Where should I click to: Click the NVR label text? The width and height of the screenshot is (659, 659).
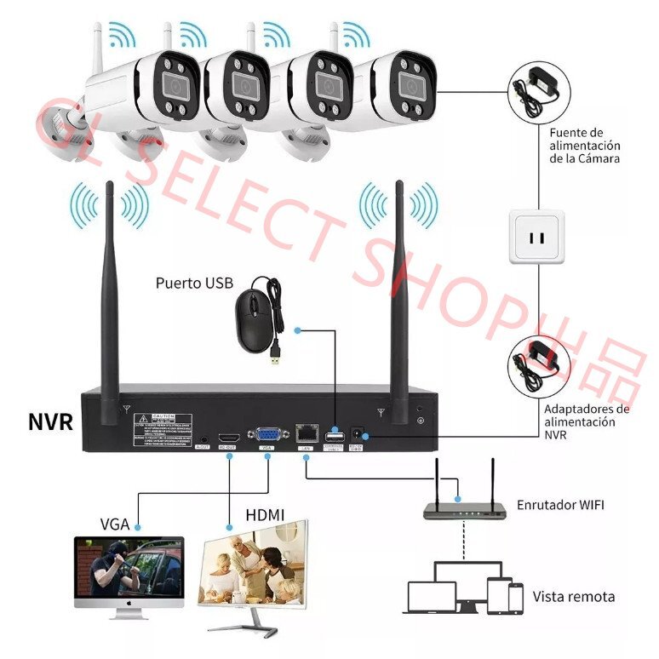click(50, 421)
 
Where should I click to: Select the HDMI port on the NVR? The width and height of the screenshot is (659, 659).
click(229, 434)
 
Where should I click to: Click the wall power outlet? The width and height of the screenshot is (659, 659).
click(536, 233)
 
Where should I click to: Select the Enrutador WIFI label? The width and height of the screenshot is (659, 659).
click(560, 505)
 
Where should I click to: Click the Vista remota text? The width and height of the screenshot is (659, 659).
click(573, 596)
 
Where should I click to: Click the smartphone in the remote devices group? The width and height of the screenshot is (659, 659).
click(515, 597)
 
